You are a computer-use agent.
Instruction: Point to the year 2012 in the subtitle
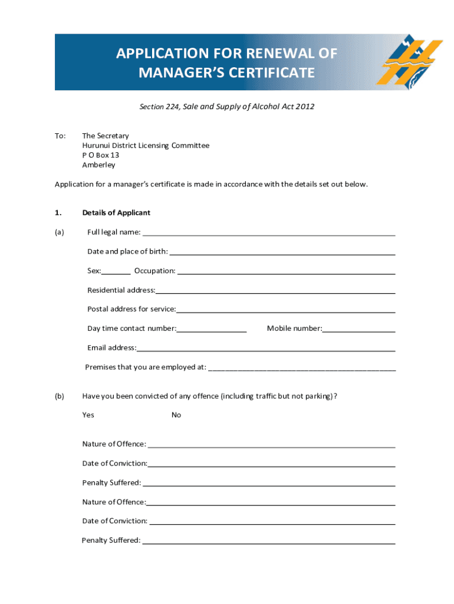[305, 107]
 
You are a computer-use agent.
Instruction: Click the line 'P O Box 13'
[100, 155]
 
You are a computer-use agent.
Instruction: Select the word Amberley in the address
[98, 165]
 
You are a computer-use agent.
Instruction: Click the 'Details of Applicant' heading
[116, 212]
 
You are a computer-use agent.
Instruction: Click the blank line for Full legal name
[268, 233]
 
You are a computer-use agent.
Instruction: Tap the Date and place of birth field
[281, 252]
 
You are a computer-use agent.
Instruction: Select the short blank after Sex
[116, 272]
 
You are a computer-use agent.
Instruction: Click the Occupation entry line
[286, 272]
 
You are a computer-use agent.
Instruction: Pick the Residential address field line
[275, 291]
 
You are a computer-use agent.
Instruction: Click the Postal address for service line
[285, 310]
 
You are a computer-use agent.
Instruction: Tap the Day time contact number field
[211, 330]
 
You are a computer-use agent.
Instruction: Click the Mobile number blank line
[358, 330]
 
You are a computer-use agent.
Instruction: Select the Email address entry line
[265, 349]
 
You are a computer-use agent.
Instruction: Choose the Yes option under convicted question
[88, 415]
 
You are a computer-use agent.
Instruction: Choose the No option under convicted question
[176, 415]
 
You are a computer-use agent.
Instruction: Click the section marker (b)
[60, 396]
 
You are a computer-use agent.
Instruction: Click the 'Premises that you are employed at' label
[146, 367]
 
